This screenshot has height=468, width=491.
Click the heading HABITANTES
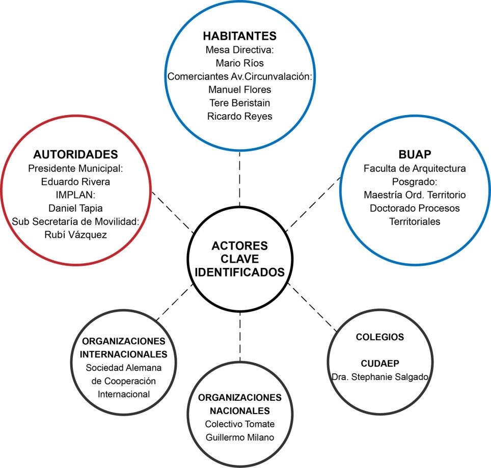239,36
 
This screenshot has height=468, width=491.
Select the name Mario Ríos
239,63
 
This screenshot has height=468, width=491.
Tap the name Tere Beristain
239,103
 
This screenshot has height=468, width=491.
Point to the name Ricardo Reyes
239,116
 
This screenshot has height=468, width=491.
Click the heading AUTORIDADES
76,154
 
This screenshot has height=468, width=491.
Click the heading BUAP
415,154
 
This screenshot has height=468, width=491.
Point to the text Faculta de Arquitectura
415,168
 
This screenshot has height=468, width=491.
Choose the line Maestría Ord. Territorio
415,195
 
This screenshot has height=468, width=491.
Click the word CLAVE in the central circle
239,259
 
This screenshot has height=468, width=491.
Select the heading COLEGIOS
380,337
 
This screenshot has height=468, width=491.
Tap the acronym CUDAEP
380,364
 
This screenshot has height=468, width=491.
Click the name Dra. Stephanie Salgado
380,377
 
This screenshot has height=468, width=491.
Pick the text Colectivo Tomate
239,424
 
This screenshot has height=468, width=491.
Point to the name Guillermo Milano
239,437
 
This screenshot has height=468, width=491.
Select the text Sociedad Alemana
124,368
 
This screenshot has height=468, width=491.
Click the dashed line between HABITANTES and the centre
239,181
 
